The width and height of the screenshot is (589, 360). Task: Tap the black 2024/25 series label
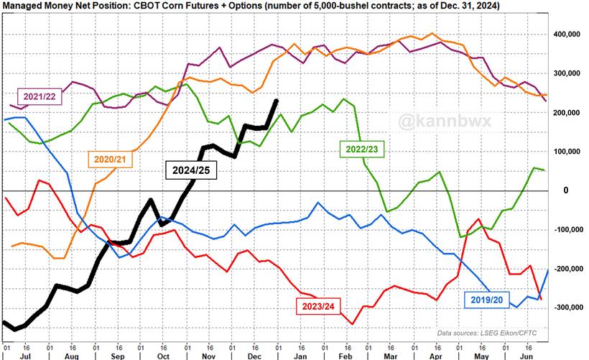coord(190,170)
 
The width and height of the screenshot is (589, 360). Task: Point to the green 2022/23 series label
coord(363,149)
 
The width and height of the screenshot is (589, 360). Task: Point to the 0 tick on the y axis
coord(567,190)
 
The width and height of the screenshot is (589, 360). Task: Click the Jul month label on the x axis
coord(25,355)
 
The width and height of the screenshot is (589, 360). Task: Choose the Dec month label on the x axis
coord(253,355)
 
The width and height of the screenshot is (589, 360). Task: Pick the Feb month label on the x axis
coord(344,355)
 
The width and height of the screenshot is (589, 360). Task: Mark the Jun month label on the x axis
coord(527,355)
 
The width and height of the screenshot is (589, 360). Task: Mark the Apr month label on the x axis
coord(435,355)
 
